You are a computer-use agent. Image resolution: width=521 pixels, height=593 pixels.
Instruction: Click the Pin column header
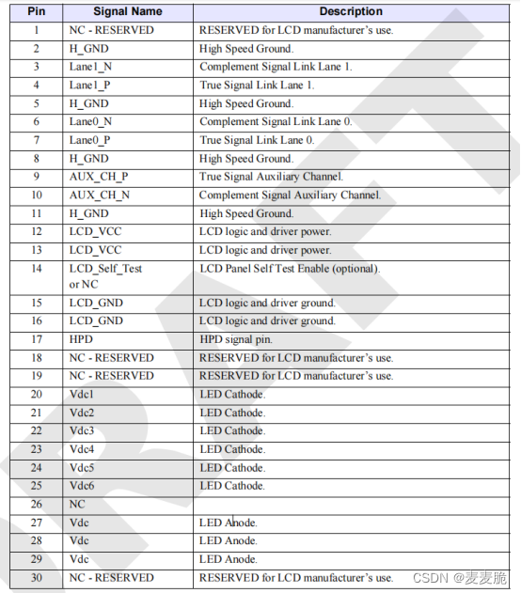coord(36,11)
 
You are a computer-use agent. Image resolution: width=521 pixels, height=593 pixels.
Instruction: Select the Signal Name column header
coord(127,11)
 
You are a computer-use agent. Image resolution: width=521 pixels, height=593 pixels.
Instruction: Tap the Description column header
coord(351,11)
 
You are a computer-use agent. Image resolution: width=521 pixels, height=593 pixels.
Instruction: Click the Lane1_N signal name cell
coord(90,67)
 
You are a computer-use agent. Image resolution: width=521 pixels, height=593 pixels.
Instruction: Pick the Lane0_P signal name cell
coord(90,140)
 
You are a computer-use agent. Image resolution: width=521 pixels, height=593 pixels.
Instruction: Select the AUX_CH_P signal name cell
coord(99,177)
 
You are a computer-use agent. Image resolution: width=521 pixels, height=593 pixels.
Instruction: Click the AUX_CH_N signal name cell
coord(100,195)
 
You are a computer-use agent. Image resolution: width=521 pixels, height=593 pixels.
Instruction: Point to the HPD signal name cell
coord(81,339)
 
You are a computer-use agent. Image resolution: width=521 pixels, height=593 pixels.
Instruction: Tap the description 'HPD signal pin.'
coord(237,339)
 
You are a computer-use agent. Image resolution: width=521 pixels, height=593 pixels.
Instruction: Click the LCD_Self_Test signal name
coord(105,269)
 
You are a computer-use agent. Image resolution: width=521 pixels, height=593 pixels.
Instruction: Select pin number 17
coord(36,339)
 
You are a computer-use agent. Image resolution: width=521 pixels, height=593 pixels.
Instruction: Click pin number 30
coord(36,577)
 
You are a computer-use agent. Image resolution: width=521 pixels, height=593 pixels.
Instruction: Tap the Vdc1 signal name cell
coord(82,394)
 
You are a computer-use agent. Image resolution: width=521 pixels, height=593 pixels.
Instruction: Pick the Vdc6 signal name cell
coord(82,486)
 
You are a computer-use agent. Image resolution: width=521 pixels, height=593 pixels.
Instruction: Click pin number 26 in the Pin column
coord(36,504)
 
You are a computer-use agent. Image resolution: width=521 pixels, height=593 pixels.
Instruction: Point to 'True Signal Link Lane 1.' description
coord(259,86)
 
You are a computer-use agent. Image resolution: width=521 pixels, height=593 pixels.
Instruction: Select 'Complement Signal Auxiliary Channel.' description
coord(290,195)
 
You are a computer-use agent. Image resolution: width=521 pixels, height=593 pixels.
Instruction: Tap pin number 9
coord(36,177)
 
